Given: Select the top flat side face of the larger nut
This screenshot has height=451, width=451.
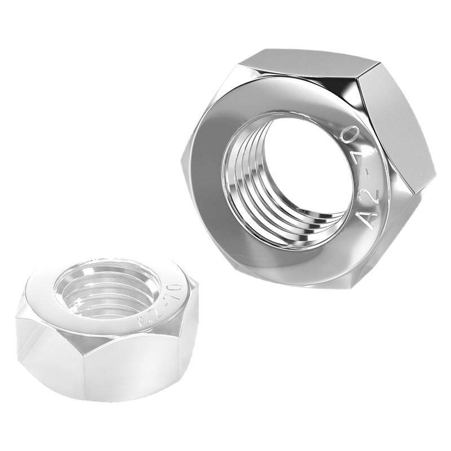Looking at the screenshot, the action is (x=311, y=64).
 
